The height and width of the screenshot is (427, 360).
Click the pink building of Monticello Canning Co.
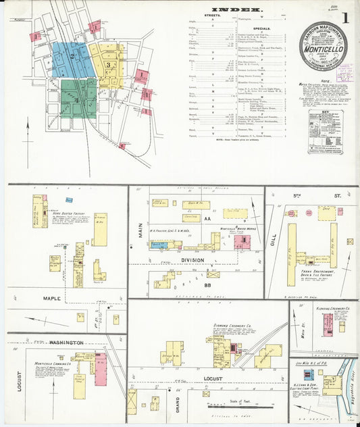click(101, 369)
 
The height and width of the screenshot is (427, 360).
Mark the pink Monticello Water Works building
click(242, 241)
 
